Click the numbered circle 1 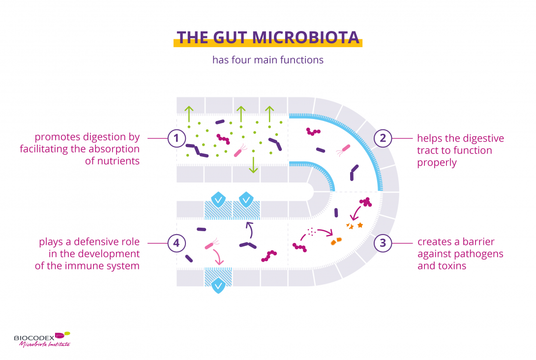pos(177,138)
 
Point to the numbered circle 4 pos(177,243)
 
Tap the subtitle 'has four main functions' pos(268,60)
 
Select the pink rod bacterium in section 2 pos(343,148)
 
